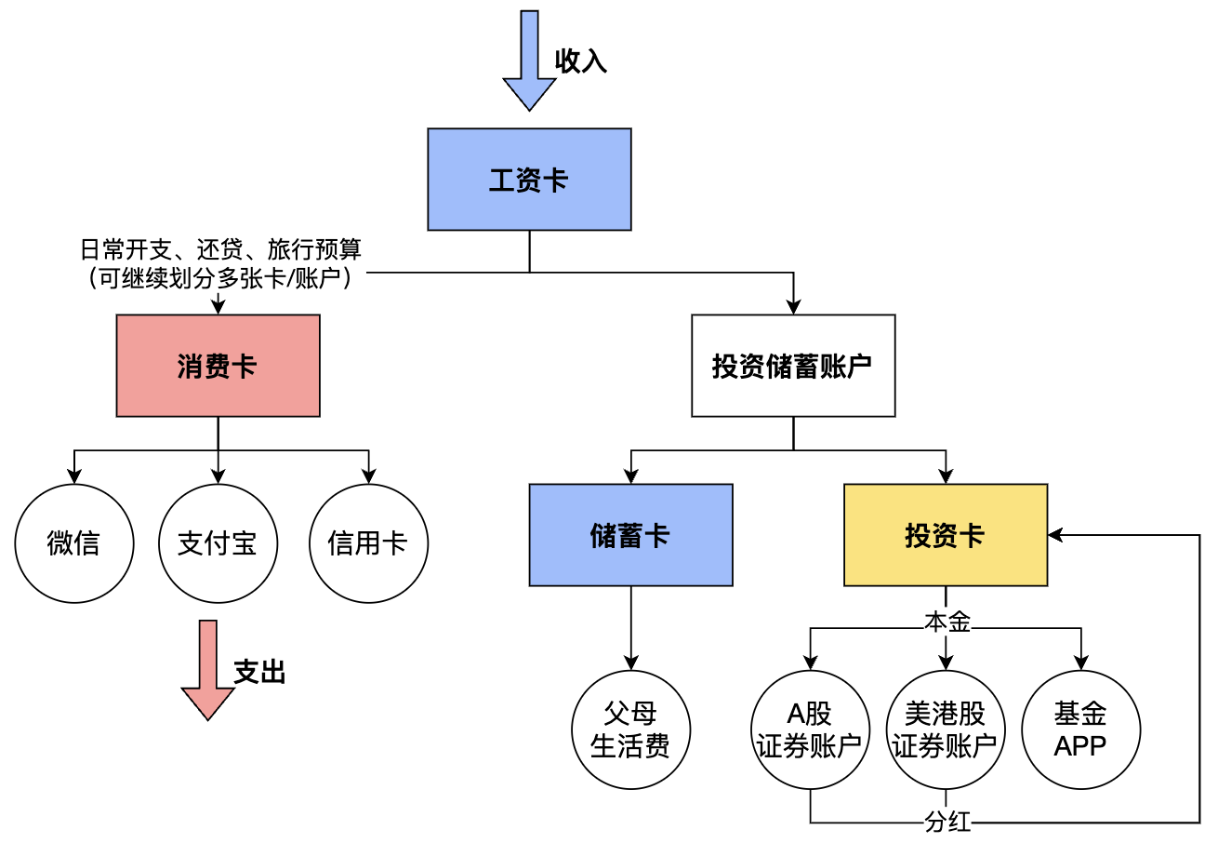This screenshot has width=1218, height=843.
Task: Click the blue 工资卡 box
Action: click(x=529, y=180)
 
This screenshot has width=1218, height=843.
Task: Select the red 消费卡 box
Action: click(x=218, y=366)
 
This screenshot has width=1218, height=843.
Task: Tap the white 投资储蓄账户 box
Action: click(x=792, y=366)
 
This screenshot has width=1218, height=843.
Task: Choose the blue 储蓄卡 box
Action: click(x=630, y=535)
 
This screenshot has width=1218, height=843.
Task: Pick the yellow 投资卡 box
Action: click(x=945, y=535)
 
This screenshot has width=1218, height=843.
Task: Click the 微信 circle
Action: click(x=73, y=543)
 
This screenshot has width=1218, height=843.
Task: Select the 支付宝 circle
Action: click(x=218, y=543)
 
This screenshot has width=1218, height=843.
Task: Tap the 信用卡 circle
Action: click(x=368, y=543)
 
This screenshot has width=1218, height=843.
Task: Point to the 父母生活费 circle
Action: click(x=630, y=729)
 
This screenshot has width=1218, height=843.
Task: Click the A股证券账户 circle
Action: click(x=809, y=729)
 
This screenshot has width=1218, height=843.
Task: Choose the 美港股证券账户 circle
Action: click(x=945, y=729)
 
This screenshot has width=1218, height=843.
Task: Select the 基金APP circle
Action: click(x=1080, y=729)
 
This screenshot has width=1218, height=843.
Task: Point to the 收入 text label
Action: click(x=581, y=61)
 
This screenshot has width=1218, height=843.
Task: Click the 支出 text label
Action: click(x=259, y=673)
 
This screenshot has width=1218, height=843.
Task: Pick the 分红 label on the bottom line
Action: click(x=947, y=823)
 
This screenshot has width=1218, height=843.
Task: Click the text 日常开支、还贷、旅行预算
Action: click(x=219, y=249)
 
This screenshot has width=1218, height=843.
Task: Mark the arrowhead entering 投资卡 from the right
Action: click(x=1054, y=535)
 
